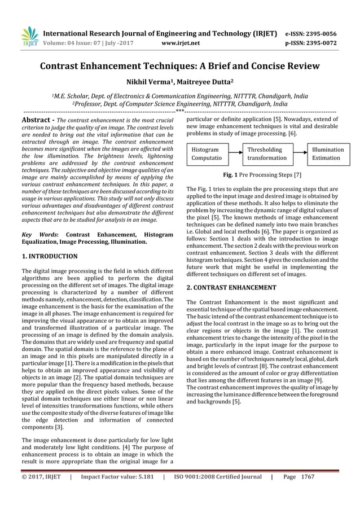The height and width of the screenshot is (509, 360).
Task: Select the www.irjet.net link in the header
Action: click(x=178, y=42)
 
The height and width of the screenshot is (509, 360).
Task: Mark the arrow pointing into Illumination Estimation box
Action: click(x=299, y=154)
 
